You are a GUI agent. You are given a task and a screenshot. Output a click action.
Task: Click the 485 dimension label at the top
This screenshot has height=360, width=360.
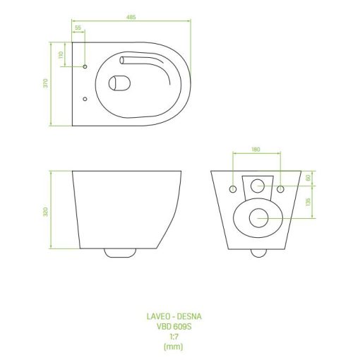coord(131,17)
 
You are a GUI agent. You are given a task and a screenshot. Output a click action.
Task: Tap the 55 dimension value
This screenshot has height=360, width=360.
coord(78,28)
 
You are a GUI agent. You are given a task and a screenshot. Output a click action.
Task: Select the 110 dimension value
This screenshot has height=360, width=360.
coord(61,55)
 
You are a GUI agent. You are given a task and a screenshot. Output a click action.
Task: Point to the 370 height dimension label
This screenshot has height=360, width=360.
coord(46,83)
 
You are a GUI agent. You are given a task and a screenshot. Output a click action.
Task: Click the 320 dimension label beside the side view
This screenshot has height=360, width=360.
coord(46,212)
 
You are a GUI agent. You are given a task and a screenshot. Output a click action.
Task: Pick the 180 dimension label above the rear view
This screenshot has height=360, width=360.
coord(256,150)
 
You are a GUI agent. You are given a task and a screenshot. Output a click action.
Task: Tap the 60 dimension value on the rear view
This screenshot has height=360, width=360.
coord(308,178)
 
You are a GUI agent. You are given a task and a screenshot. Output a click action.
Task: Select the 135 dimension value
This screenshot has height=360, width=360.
coord(308,202)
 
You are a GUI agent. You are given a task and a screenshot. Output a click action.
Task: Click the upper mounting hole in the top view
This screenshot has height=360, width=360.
coord(85,66)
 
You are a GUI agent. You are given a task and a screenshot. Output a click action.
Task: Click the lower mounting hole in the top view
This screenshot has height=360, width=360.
coord(85,99)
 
